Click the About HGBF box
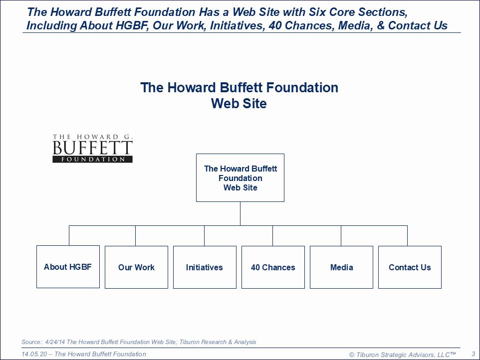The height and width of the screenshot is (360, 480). (68, 267)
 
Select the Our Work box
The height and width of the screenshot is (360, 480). (137, 267)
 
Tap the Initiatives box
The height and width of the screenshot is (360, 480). (205, 267)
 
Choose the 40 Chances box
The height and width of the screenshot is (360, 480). (273, 267)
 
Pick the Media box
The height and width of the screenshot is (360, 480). (342, 267)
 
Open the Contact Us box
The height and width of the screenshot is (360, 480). (410, 267)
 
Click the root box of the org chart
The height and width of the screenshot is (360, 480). (240, 178)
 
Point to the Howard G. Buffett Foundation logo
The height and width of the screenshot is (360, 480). (92, 148)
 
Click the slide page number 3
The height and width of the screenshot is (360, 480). (474, 354)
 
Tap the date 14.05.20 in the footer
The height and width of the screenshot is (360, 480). (34, 354)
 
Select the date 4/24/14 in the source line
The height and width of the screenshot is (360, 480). (55, 342)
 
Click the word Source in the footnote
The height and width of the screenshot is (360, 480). (31, 342)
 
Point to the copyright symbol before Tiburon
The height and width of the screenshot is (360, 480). (352, 355)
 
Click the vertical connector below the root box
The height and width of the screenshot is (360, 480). (240, 213)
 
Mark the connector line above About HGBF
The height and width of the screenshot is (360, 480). (69, 235)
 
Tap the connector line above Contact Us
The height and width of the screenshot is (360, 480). (408, 236)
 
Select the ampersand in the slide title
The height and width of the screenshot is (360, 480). (381, 25)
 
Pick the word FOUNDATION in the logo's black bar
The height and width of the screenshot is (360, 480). (93, 159)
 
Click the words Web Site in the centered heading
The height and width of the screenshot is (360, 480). (239, 103)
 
